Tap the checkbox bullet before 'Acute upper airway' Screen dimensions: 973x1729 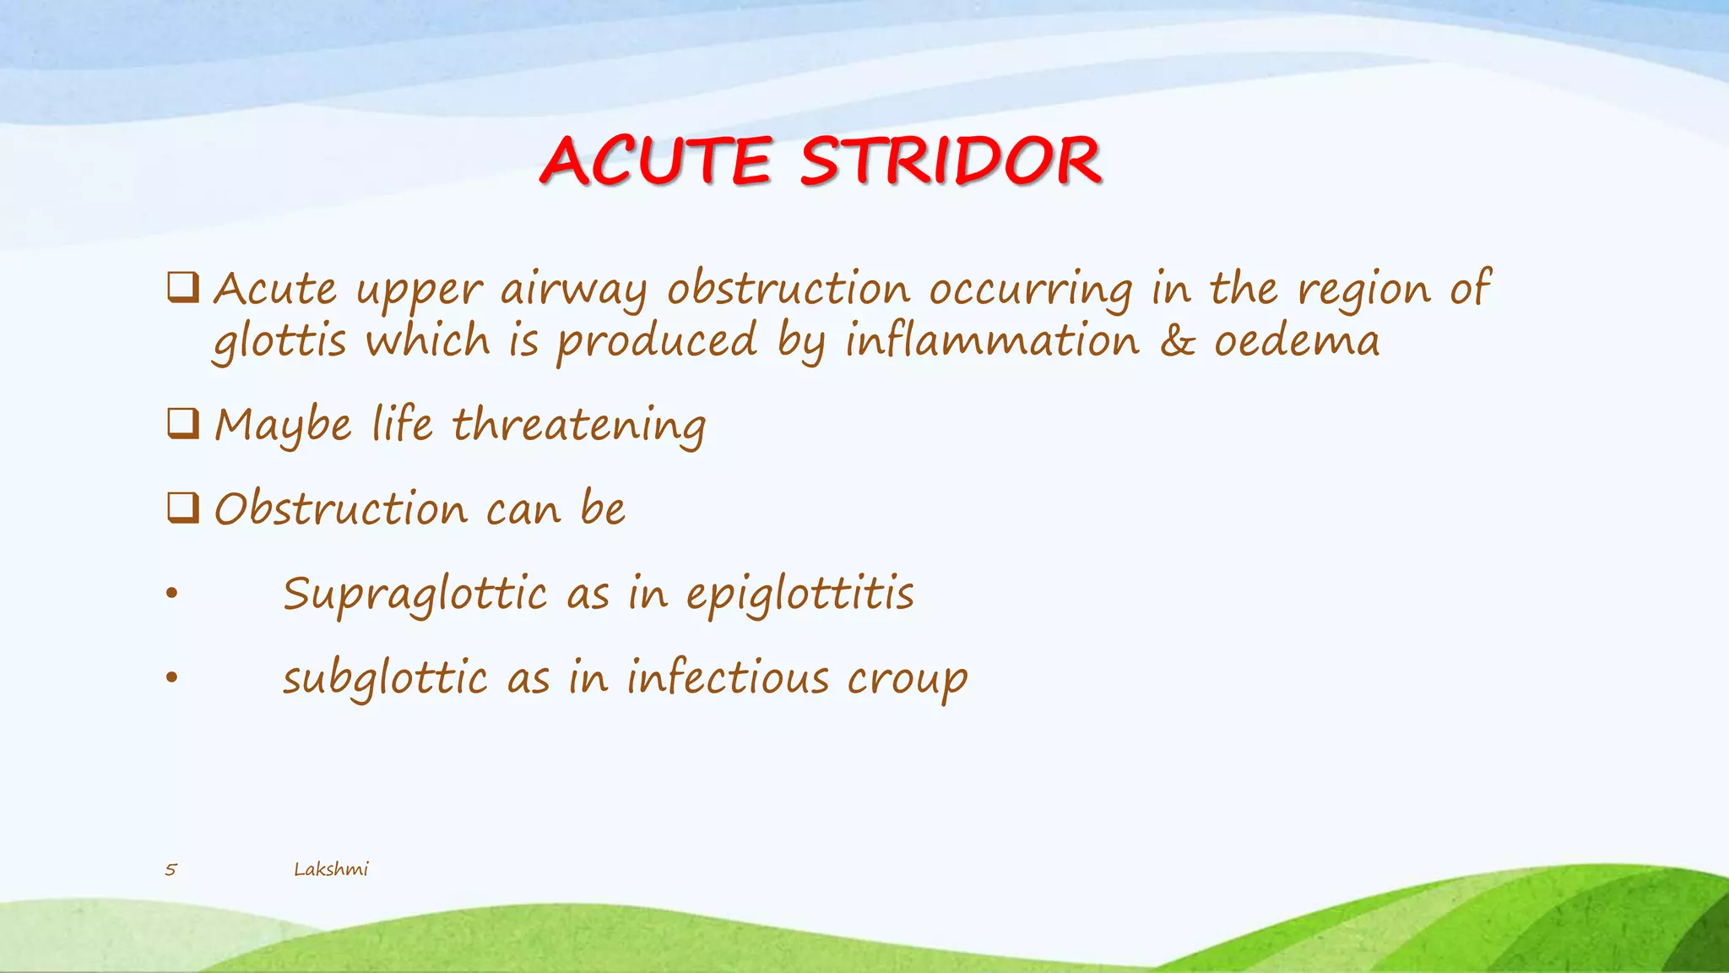tap(183, 288)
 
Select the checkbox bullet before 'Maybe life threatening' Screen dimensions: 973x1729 tap(183, 423)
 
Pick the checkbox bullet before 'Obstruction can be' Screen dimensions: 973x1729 tap(183, 508)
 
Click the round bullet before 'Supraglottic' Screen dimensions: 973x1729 tap(172, 594)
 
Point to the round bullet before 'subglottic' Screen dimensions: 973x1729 tap(172, 678)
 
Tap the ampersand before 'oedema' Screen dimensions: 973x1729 tap(1177, 341)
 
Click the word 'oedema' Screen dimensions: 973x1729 tap(1297, 341)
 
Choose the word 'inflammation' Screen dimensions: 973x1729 tap(992, 341)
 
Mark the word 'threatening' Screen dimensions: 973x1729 tap(579, 426)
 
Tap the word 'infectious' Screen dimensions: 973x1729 tap(728, 678)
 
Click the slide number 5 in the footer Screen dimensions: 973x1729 tap(171, 869)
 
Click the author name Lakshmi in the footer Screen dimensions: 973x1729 tap(331, 869)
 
